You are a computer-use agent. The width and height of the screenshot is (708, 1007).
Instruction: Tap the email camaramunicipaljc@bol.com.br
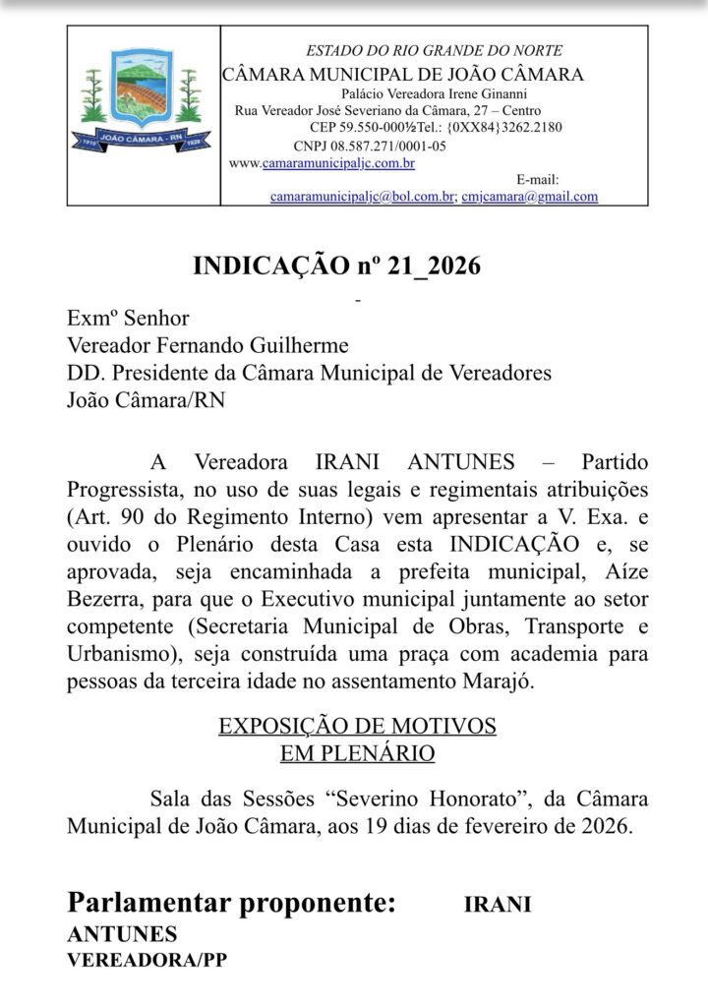(362, 196)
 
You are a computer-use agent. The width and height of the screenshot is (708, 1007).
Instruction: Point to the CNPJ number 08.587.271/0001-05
(362, 146)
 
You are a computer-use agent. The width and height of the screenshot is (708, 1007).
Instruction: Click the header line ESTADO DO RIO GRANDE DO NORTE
(435, 51)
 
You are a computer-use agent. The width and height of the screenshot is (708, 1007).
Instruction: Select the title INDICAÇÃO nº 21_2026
(336, 267)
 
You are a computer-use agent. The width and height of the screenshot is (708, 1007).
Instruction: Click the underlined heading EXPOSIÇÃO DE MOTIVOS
(357, 727)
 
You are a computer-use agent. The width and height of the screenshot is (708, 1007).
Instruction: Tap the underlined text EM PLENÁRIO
(357, 753)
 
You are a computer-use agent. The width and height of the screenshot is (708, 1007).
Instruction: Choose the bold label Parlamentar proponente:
(232, 903)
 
